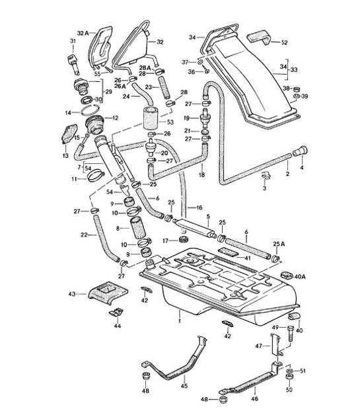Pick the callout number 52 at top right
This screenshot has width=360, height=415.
285,42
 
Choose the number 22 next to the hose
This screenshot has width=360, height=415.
85,235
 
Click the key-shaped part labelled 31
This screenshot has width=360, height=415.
73,62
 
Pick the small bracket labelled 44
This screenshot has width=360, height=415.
116,313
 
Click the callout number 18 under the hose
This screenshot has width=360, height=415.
202,174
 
